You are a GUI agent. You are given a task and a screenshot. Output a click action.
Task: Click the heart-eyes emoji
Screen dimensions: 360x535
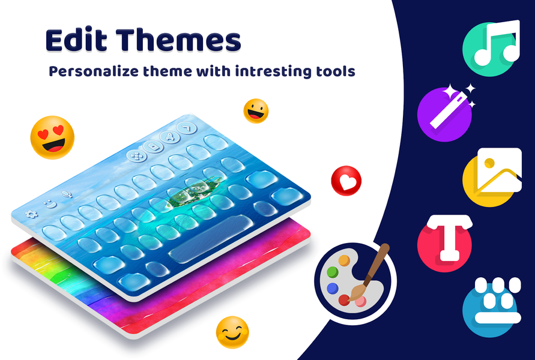point(52,137)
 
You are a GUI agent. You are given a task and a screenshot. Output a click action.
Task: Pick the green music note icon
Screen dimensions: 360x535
point(490,48)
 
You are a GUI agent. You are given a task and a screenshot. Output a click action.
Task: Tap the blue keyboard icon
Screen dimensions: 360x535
point(490,307)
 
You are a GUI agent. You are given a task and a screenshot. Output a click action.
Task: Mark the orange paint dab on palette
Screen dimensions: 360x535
point(344,260)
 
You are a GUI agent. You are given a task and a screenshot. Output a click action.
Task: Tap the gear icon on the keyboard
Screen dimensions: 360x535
point(31,214)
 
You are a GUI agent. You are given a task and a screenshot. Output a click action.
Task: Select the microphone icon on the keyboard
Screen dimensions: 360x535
point(67,194)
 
